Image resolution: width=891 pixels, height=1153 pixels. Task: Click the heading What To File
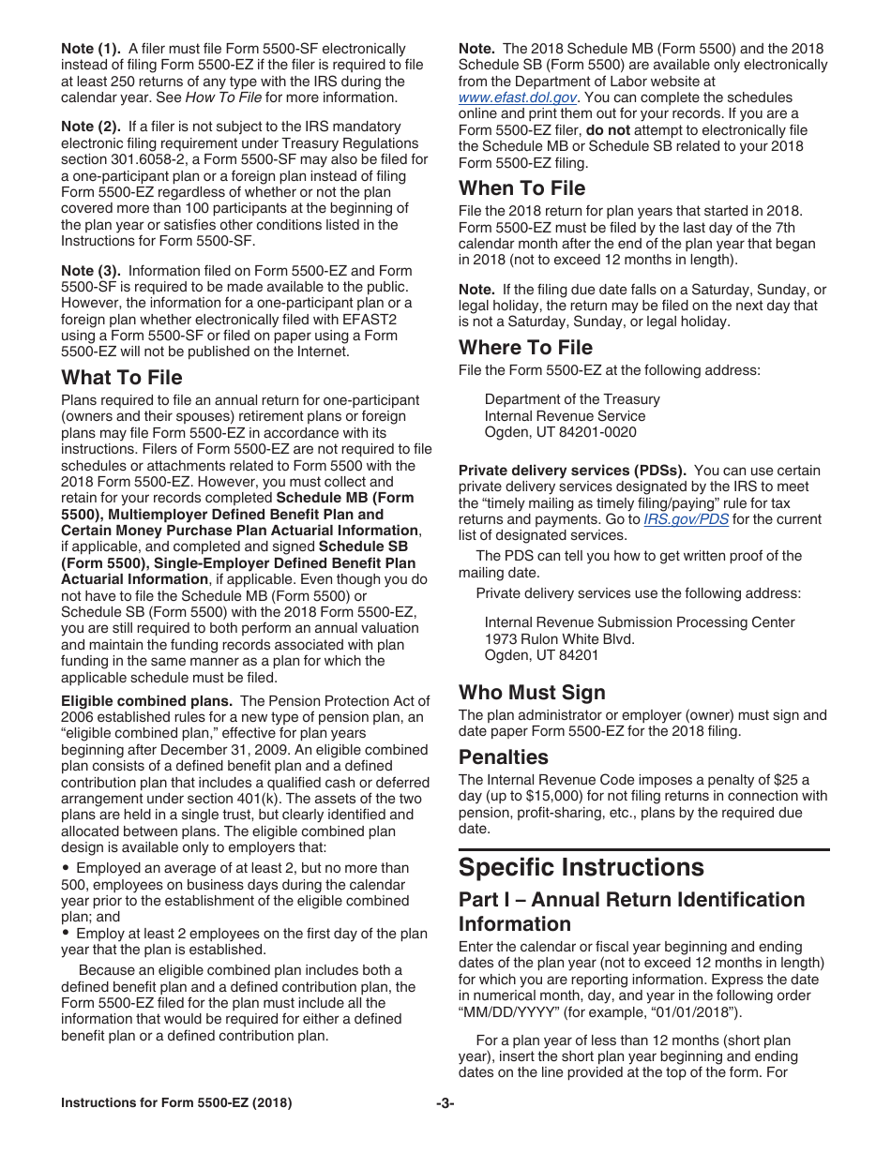click(x=122, y=378)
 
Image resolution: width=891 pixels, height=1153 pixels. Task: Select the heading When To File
click(x=521, y=188)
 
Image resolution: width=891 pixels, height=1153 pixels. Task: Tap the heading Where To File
click(x=525, y=348)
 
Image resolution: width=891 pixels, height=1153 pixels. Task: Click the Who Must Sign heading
click(x=532, y=693)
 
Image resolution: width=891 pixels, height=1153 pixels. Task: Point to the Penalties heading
click(x=503, y=756)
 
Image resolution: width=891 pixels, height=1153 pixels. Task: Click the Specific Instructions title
click(x=581, y=866)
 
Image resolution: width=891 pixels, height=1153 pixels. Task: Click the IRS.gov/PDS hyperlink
click(x=686, y=519)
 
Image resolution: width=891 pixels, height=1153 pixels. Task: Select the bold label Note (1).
click(x=91, y=49)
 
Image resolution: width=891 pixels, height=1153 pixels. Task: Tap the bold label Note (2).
click(x=91, y=127)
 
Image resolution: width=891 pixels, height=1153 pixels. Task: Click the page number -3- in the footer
click(x=445, y=1103)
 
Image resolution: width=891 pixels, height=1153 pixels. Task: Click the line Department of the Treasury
click(x=572, y=399)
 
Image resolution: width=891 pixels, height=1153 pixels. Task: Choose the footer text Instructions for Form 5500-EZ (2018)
click(x=176, y=1103)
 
